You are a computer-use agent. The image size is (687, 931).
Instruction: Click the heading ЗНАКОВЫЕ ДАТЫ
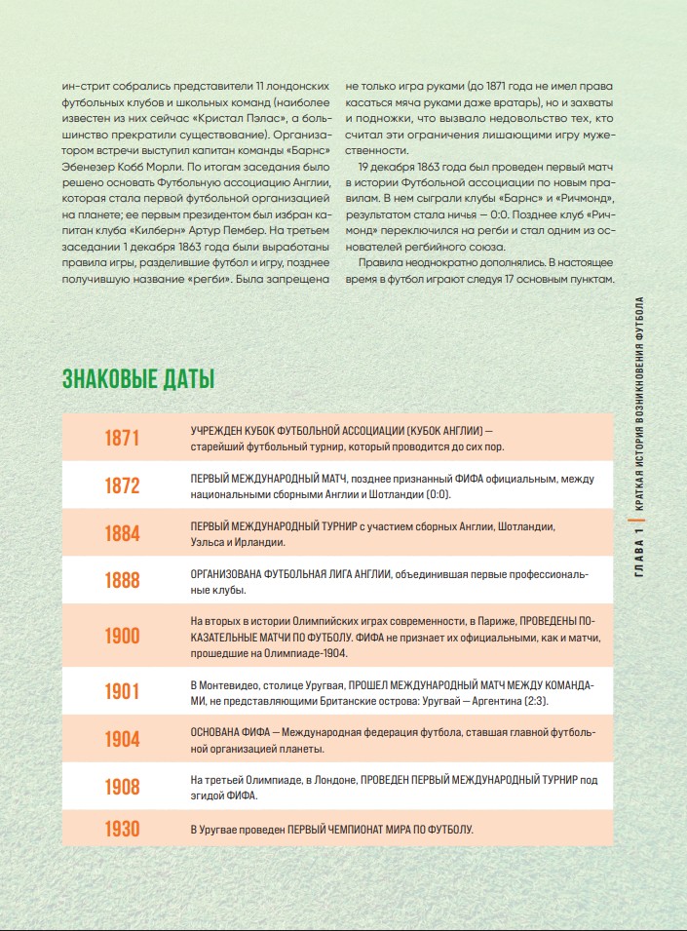click(x=138, y=379)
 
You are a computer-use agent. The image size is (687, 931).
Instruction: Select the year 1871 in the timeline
click(x=123, y=439)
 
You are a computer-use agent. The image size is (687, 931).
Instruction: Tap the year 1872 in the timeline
click(x=123, y=485)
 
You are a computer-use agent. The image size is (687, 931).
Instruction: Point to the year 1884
click(x=123, y=533)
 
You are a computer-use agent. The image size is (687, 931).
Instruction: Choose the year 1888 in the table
click(x=123, y=581)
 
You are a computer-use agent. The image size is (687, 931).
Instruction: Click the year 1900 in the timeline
click(x=123, y=637)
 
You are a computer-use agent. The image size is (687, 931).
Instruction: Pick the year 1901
click(x=123, y=692)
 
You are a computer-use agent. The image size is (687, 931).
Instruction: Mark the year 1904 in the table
click(x=123, y=740)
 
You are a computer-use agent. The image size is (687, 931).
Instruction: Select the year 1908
click(x=123, y=787)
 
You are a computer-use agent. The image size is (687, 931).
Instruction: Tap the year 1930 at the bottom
click(x=123, y=830)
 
